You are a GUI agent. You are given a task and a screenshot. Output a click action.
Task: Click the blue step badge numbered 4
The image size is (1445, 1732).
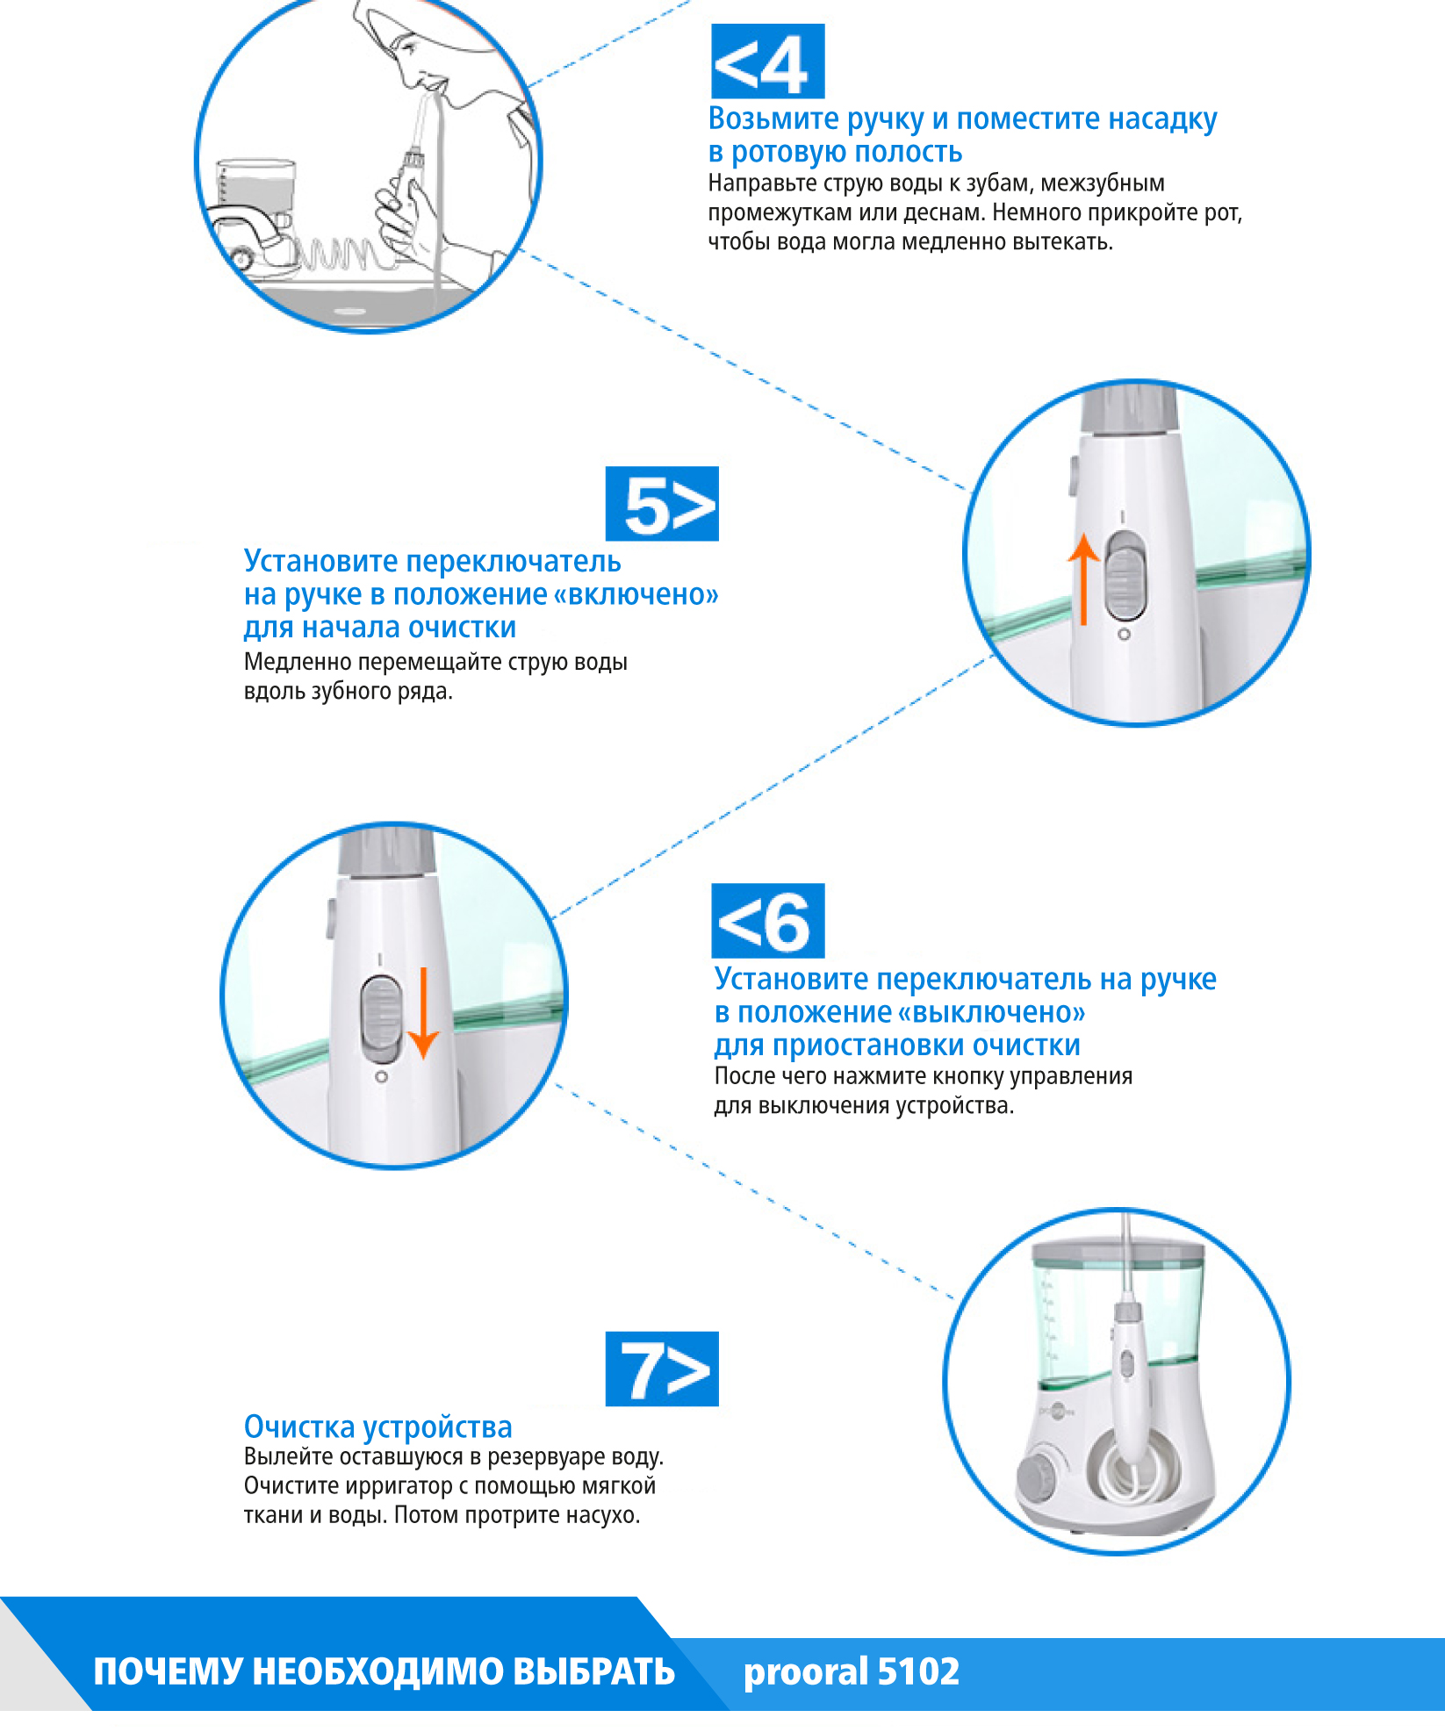767,61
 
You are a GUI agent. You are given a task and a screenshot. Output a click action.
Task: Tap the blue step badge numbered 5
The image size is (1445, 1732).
662,504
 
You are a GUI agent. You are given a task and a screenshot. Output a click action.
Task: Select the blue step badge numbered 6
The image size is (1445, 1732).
767,921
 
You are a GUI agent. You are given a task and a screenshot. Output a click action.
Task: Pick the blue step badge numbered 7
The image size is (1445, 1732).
662,1369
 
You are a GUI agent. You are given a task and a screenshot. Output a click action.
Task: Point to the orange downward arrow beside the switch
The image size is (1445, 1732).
424,1014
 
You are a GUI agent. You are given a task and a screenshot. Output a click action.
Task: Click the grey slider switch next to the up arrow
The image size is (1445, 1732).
1125,576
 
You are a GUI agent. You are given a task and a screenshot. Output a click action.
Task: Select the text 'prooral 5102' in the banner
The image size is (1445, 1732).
851,1672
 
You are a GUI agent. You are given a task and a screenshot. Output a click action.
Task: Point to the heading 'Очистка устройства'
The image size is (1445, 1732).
377,1427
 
